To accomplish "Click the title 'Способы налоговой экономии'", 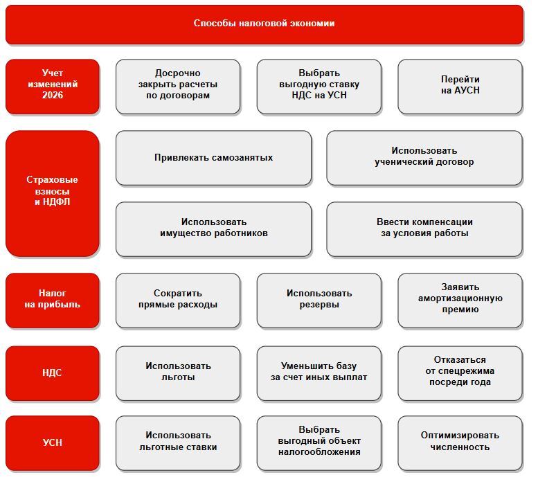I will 264,24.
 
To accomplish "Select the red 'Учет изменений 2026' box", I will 53,86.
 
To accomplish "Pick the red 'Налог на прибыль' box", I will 53,300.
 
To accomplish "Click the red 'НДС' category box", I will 53,373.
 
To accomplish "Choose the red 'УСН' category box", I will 53,442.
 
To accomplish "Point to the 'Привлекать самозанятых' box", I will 213,158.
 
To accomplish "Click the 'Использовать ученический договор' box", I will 424,158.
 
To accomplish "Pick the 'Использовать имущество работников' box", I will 213,228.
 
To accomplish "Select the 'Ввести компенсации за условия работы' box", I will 424,228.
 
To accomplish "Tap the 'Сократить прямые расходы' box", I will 178,300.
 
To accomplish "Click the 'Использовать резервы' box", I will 319,300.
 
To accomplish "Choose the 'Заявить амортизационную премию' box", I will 460,300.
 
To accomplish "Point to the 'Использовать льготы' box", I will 178,373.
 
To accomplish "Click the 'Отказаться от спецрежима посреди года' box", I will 460,373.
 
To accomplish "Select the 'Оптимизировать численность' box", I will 460,442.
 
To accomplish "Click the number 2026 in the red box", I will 53,96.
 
